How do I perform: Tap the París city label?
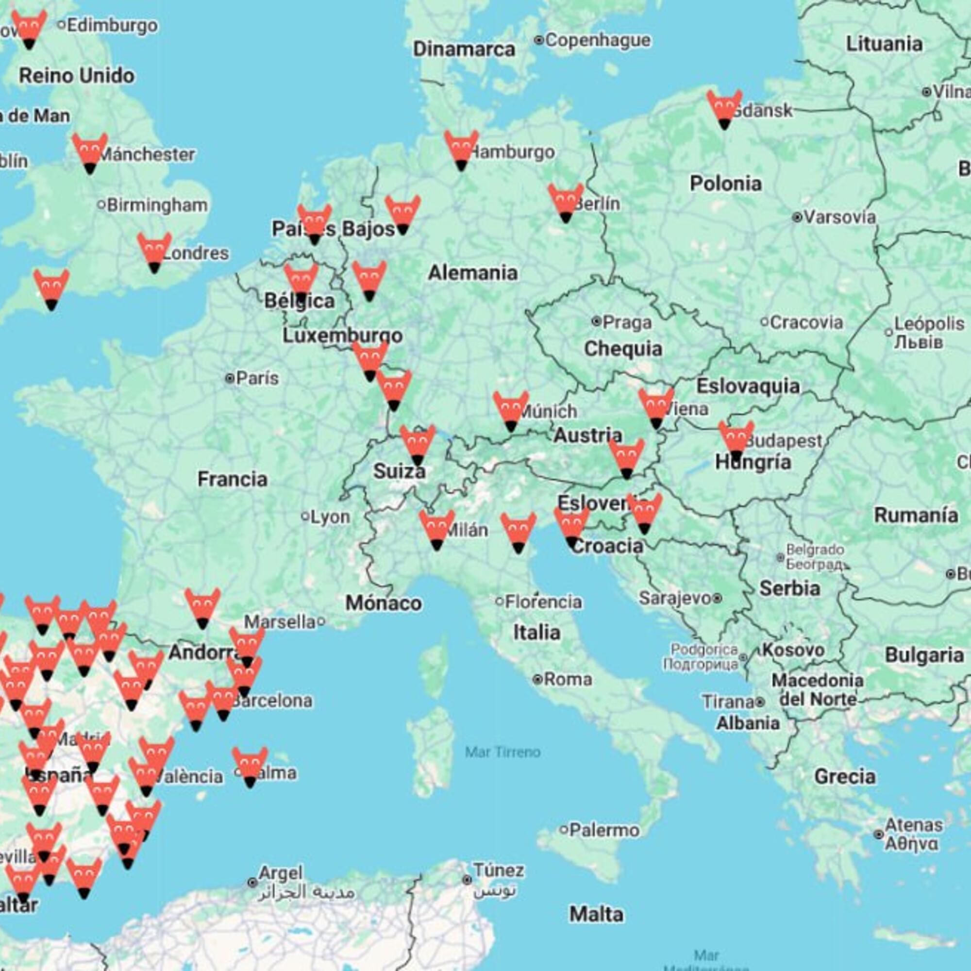pos(257,378)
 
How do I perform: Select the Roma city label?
pos(568,680)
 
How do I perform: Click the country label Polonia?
pos(725,184)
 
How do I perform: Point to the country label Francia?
pos(232,479)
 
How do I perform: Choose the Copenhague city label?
pos(597,40)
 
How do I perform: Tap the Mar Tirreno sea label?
pos(502,752)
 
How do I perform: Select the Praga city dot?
pos(596,321)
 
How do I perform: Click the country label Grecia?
pos(844,776)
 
